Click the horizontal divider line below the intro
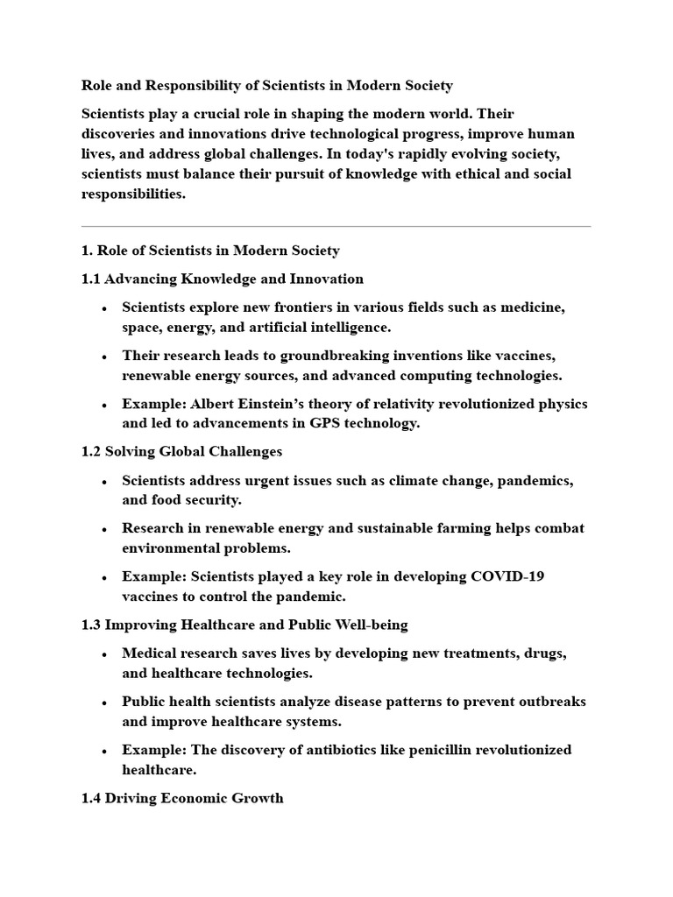pos(336,227)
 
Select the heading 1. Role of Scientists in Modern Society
pos(210,251)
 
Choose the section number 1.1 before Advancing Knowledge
pos(91,279)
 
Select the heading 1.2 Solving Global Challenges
pos(181,452)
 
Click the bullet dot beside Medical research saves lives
pos(104,655)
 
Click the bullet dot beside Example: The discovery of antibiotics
pos(104,752)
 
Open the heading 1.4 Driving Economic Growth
pos(182,798)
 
